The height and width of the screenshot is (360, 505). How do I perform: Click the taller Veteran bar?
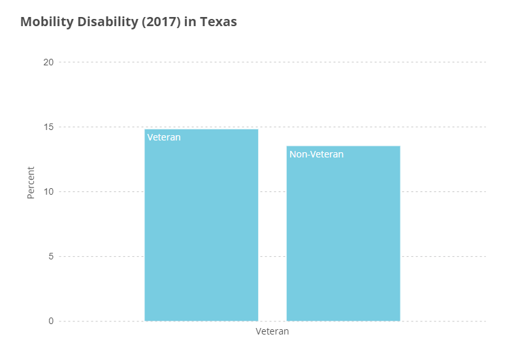(201, 229)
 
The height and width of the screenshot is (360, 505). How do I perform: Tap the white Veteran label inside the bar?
(164, 137)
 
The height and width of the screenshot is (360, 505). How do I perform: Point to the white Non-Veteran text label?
(316, 154)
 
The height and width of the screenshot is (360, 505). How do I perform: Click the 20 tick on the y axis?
(48, 62)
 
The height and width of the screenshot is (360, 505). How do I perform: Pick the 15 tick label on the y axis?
(48, 127)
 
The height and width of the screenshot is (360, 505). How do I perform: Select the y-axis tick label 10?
(48, 191)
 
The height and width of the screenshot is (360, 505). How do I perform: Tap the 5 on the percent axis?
(50, 256)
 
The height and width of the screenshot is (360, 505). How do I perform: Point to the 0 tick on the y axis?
(50, 321)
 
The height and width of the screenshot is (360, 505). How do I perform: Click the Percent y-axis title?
(31, 183)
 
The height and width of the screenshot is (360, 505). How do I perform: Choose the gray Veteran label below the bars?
(272, 331)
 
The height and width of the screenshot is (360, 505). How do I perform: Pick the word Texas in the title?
(218, 22)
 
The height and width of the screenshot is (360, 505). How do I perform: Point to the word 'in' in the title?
(189, 22)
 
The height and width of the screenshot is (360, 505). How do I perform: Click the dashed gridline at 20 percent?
(274, 62)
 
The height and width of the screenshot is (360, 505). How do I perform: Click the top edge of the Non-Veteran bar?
(343, 146)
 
